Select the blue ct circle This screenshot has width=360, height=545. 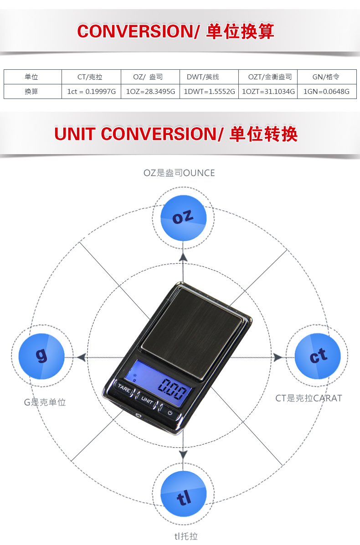318,356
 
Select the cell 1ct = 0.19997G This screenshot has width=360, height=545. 92,92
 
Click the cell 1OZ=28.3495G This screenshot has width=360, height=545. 150,92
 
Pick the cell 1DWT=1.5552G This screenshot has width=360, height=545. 209,92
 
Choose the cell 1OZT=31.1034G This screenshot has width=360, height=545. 268,92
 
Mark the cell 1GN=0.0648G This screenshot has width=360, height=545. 326,92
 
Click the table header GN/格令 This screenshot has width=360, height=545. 326,77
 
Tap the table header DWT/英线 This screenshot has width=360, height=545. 209,77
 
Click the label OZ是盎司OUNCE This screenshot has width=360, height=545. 179,173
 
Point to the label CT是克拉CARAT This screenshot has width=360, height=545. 309,398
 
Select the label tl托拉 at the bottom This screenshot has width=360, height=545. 186,536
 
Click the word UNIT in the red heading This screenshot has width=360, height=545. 75,134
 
